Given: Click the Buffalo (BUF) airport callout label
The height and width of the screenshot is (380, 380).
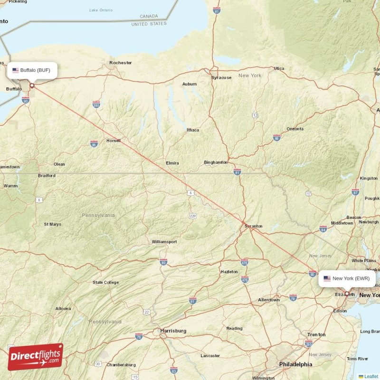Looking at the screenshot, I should tap(32, 70).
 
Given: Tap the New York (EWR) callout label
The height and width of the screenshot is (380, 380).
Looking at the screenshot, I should tap(347, 278).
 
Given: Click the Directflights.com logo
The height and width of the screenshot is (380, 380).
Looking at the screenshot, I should tap(35, 357).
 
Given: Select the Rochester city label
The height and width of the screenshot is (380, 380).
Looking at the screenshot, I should tap(120, 63).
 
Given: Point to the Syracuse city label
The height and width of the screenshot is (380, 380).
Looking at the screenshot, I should tap(221, 77).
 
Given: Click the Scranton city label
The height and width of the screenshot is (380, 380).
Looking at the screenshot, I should tap(253, 227).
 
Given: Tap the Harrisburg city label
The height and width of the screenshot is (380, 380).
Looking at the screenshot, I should tap(173, 331).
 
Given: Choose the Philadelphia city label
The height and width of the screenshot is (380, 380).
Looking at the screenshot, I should tap(295, 364).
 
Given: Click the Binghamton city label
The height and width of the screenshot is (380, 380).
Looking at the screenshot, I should tap(216, 162).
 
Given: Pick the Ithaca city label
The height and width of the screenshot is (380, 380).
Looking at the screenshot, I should tap(193, 130).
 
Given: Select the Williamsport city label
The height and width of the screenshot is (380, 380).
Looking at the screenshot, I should tap(164, 242).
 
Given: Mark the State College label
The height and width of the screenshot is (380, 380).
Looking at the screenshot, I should tap(106, 283).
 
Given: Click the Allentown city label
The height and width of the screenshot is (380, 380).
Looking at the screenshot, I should tap(269, 300).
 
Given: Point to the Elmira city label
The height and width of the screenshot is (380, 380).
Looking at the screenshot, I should tap(172, 163).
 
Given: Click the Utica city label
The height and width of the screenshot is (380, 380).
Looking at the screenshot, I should tap(279, 68).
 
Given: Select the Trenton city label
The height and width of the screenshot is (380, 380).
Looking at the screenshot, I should tap(316, 334).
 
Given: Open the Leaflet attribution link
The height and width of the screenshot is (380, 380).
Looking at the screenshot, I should tap(371, 376).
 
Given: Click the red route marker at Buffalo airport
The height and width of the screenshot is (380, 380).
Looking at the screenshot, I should tap(32, 86).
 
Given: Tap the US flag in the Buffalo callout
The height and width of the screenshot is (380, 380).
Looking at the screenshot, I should tap(16, 70).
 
